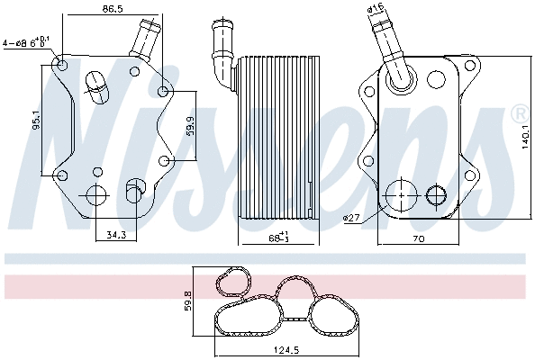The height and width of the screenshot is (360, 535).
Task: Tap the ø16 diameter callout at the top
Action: (x=376, y=10)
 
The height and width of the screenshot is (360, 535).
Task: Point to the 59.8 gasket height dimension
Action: (x=188, y=300)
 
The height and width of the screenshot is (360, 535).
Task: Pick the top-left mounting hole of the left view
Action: (x=60, y=65)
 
